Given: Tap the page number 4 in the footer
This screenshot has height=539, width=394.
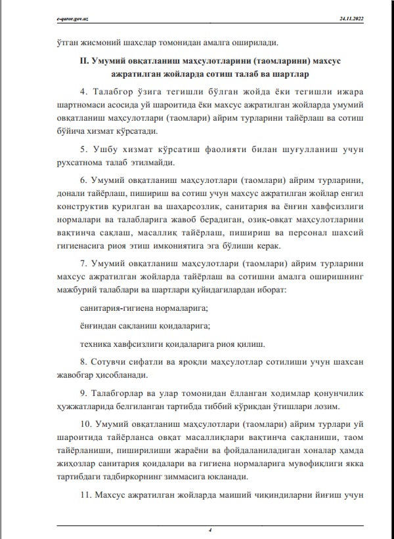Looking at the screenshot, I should pos(208,529).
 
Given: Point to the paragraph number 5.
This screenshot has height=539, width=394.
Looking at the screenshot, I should pos(82,148).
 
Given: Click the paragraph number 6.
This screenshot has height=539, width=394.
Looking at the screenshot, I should pos(82,180).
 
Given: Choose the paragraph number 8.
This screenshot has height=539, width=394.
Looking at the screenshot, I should pos(82,363).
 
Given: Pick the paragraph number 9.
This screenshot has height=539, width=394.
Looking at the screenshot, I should pos(82,393).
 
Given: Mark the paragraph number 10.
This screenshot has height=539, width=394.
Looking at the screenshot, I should pos(84,424).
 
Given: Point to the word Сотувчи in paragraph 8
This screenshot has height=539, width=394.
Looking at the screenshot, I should pos(113,363).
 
